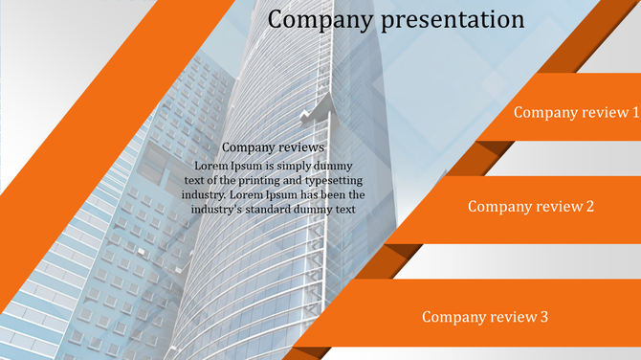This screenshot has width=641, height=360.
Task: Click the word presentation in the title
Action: coord(453,20)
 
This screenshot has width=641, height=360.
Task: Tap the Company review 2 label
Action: coord(531,206)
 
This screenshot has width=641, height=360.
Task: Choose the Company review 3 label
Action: coord(485,317)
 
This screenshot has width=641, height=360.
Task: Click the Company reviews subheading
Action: coord(273,147)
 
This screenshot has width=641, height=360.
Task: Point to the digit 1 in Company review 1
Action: coord(635,112)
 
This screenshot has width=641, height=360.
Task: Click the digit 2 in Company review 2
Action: coord(590,206)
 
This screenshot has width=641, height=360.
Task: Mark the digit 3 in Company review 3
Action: coord(544,317)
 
